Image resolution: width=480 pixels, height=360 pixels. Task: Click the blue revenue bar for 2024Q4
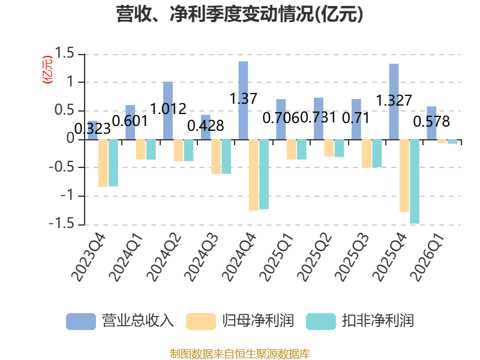[244, 100]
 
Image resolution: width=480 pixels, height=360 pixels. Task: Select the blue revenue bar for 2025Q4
[394, 101]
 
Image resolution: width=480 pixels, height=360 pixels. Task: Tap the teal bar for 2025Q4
[415, 182]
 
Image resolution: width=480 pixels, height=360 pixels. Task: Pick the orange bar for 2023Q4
[103, 163]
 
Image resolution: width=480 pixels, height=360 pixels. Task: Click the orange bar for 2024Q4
[253, 175]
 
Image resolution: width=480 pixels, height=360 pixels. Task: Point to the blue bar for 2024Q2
[168, 111]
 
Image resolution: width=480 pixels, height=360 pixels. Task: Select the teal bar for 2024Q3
[226, 157]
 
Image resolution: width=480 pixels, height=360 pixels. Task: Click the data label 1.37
[244, 98]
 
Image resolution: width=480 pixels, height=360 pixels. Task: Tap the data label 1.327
[394, 100]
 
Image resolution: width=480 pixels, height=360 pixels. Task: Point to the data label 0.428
[206, 126]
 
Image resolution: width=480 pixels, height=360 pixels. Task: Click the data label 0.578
[431, 122]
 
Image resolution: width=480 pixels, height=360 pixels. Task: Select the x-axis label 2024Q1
[126, 257]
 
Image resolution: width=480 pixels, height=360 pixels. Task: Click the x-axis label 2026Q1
[427, 257]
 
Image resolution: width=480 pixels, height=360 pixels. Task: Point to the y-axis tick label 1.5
[65, 53]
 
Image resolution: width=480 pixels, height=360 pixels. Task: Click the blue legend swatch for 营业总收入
[81, 322]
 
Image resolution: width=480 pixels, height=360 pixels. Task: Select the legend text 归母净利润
[258, 321]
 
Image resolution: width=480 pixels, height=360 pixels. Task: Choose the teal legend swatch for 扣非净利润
[321, 322]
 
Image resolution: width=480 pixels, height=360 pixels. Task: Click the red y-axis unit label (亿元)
[47, 70]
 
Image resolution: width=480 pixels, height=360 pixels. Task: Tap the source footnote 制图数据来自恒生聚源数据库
[240, 354]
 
